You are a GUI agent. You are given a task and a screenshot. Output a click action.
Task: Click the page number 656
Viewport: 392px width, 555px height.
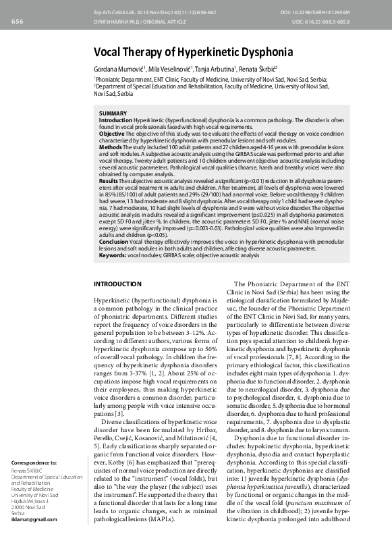click(x=18, y=22)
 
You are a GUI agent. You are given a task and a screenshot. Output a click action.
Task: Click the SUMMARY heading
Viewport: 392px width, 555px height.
click(x=112, y=113)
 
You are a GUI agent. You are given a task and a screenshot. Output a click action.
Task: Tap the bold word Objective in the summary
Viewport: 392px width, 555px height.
click(x=112, y=134)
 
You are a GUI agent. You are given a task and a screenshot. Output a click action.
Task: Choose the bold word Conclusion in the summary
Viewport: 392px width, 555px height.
click(x=114, y=240)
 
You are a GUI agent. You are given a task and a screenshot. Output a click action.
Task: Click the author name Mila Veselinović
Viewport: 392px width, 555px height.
click(x=170, y=70)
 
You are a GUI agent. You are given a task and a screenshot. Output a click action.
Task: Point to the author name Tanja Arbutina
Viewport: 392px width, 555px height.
click(x=216, y=70)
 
